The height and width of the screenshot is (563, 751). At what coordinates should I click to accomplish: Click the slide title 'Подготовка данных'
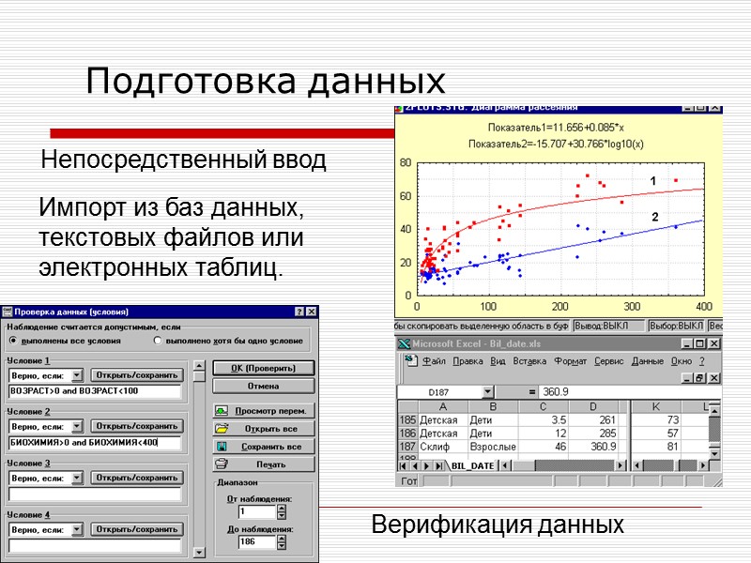pyautogui.click(x=265, y=82)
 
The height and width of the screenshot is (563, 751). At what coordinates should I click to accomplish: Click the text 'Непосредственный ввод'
pyautogui.click(x=183, y=160)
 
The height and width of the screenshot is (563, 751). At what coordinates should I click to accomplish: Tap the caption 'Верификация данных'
pyautogui.click(x=498, y=525)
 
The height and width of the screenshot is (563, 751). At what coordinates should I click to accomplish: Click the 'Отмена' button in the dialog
pyautogui.click(x=263, y=386)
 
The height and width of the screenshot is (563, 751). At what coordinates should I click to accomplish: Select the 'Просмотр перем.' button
pyautogui.click(x=263, y=411)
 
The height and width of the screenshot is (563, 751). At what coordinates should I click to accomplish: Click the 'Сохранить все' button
pyautogui.click(x=263, y=447)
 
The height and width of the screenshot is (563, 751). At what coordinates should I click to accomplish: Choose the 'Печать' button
pyautogui.click(x=263, y=464)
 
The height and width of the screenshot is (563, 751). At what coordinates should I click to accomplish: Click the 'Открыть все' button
pyautogui.click(x=263, y=429)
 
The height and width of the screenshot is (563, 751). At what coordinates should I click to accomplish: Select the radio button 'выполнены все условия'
pyautogui.click(x=14, y=342)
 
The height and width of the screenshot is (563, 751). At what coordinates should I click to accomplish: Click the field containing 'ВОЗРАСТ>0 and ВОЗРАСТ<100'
pyautogui.click(x=94, y=390)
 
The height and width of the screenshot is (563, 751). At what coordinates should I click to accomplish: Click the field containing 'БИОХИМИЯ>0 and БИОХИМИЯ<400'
pyautogui.click(x=94, y=442)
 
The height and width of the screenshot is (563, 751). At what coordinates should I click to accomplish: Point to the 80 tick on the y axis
pyautogui.click(x=406, y=162)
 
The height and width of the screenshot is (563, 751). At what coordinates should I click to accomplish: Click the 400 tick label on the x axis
pyautogui.click(x=702, y=307)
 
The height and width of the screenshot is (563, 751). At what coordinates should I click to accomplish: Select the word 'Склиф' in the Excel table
pyautogui.click(x=434, y=447)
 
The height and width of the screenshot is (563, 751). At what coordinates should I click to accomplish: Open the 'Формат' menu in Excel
pyautogui.click(x=570, y=360)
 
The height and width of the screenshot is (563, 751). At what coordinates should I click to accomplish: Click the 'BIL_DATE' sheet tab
pyautogui.click(x=472, y=465)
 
